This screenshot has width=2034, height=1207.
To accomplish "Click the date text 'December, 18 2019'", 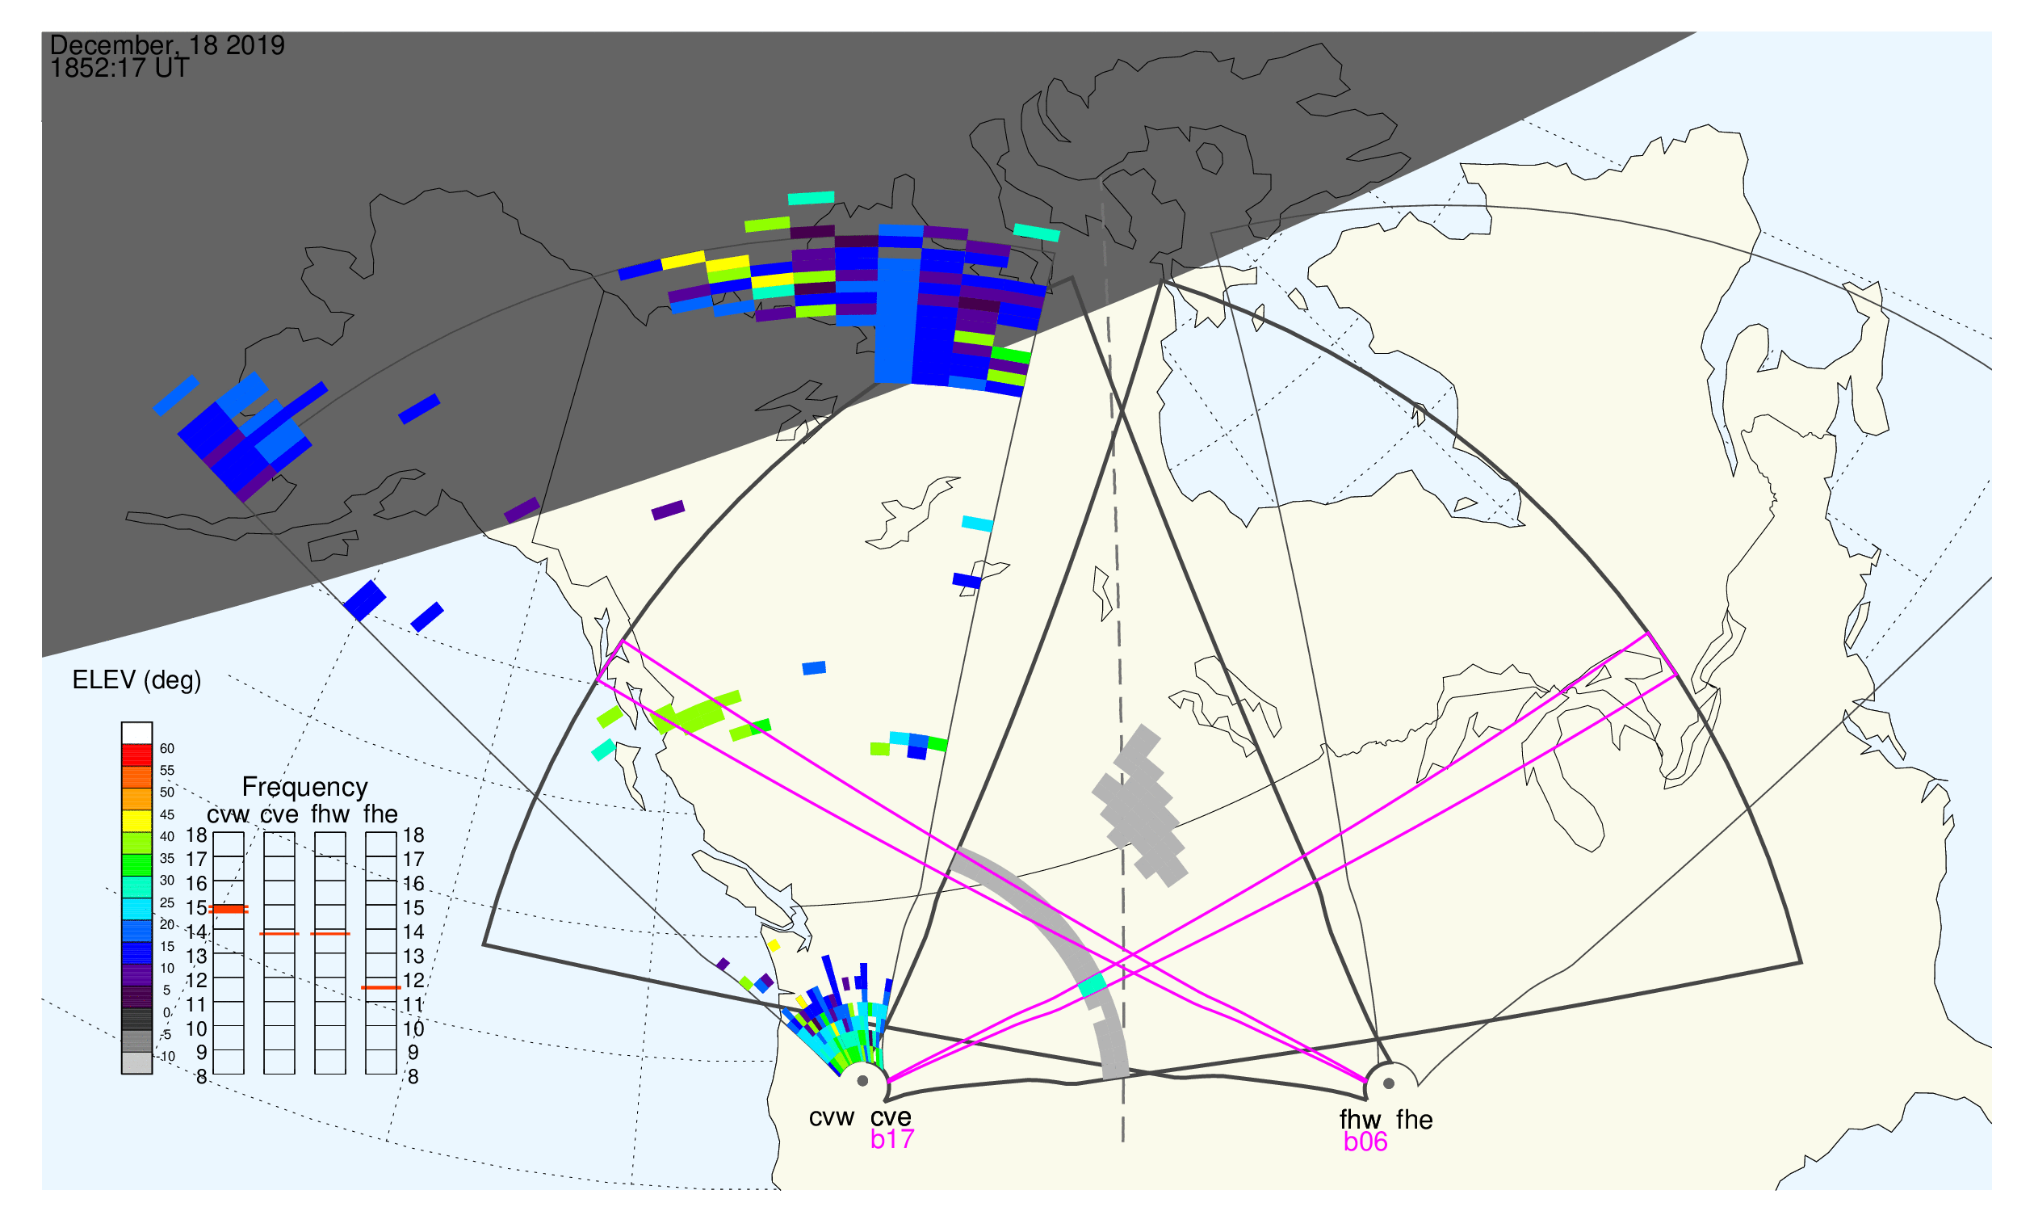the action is tap(167, 45).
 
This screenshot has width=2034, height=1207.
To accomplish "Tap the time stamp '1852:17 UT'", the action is tap(120, 69).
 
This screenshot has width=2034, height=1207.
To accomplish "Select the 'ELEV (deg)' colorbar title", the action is tap(136, 681).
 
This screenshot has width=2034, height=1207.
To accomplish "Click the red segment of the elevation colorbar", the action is tap(136, 755).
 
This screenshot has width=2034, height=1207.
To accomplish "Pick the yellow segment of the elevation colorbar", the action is tap(136, 822).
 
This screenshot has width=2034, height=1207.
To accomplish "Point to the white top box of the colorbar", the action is tap(136, 734).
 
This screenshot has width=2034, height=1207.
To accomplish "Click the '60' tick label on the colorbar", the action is tap(166, 749).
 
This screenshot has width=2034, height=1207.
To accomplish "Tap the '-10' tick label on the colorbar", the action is tap(166, 1058).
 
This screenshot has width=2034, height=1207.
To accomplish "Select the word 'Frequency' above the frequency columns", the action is tap(305, 788).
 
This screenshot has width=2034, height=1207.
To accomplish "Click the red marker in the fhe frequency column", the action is tap(380, 988).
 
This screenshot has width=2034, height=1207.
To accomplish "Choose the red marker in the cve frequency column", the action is tap(279, 935).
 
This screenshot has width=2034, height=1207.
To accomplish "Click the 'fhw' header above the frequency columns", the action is tap(330, 815).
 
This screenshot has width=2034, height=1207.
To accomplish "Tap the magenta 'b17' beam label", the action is tap(891, 1140).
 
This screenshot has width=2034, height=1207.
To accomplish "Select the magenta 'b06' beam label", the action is tap(1365, 1142).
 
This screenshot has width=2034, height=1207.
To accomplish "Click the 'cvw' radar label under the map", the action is tap(831, 1119).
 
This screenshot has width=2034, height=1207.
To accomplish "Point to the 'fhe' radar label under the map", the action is tap(1414, 1121).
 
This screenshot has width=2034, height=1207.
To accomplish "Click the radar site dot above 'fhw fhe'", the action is tap(1390, 1084).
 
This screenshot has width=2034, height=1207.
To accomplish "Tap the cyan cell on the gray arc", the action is tap(1092, 986).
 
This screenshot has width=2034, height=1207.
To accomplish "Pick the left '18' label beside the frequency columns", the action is tap(197, 836).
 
